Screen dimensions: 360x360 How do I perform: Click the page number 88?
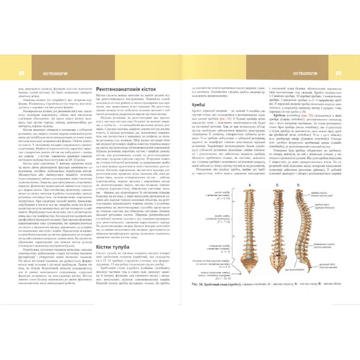click(21, 73)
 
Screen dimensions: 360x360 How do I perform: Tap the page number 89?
click(338, 73)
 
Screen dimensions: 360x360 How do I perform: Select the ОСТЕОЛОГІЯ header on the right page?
click(305, 73)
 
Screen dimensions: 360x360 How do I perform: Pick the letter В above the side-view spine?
click(298, 185)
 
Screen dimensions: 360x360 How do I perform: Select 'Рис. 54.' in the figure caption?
click(199, 284)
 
